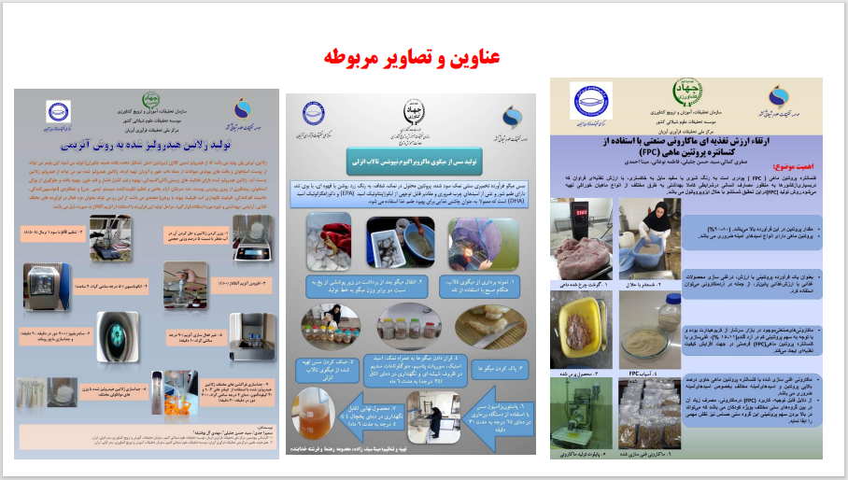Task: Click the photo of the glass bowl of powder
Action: click(x=649, y=328)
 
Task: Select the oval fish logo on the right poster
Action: click(x=591, y=100)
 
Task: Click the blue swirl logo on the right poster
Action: click(x=777, y=97)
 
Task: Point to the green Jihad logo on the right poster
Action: click(x=685, y=98)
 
